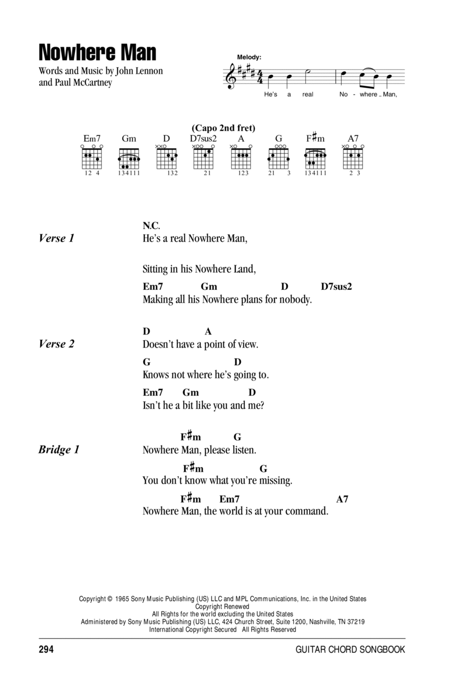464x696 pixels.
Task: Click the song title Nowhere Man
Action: pyautogui.click(x=97, y=53)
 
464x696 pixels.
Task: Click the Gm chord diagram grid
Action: pyautogui.click(x=129, y=158)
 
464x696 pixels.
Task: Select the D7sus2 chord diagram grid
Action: pyautogui.click(x=204, y=158)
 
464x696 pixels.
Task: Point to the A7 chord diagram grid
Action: pyautogui.click(x=353, y=158)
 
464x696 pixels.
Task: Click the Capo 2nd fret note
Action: pyautogui.click(x=223, y=128)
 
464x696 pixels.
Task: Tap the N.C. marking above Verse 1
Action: pyautogui.click(x=152, y=225)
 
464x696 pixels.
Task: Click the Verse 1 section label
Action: pyautogui.click(x=57, y=238)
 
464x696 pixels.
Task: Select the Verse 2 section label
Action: pyautogui.click(x=57, y=344)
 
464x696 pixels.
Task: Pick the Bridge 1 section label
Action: pyautogui.click(x=59, y=450)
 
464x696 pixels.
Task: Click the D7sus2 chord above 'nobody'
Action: pyautogui.click(x=336, y=287)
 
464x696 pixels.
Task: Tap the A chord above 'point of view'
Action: pyautogui.click(x=208, y=332)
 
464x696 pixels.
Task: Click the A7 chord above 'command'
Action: pyautogui.click(x=342, y=500)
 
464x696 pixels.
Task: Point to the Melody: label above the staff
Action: pyautogui.click(x=249, y=57)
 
